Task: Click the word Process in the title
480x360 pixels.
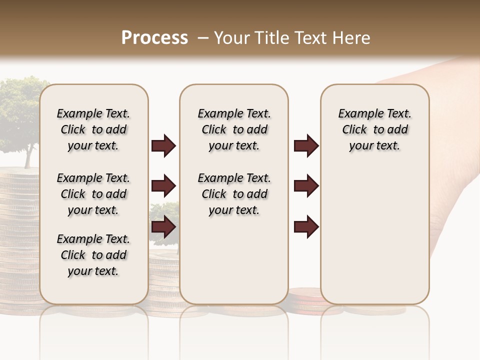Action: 154,38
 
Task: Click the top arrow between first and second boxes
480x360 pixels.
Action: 163,145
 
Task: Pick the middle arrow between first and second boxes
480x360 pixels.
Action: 163,186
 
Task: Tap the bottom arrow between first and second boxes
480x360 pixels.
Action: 163,227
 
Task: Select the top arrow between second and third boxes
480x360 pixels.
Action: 306,145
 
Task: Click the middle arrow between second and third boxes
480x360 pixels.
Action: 306,186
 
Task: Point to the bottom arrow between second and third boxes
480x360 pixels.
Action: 306,227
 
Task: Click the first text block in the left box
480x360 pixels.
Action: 93,129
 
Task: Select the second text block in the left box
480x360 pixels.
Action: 93,194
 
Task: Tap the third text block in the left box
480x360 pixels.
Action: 93,255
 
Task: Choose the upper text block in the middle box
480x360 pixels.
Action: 234,129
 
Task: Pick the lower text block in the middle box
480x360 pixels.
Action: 234,194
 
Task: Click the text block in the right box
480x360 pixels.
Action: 374,129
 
